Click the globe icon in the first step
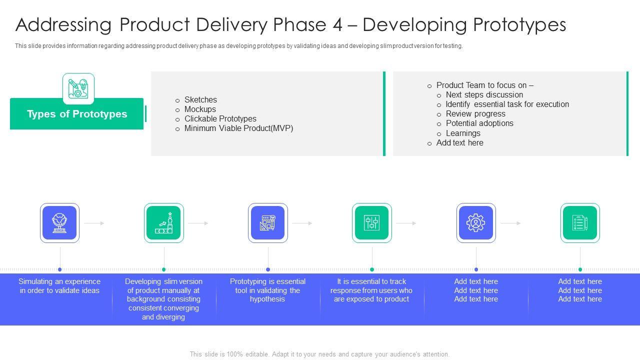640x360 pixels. coord(59,223)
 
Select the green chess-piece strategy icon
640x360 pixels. coord(164,223)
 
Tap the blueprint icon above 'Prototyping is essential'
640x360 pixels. coord(268,223)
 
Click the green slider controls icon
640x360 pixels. coord(372,223)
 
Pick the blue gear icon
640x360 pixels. coord(476,223)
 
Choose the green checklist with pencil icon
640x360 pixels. coord(580,223)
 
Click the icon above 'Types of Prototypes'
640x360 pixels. coord(78,88)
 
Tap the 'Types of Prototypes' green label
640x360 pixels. coord(77,114)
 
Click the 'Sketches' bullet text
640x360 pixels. coord(200,99)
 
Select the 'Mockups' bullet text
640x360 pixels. coord(200,109)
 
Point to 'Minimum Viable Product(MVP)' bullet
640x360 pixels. coord(238,128)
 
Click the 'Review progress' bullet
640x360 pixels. coord(475,113)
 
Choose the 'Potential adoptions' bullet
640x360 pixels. coord(479,123)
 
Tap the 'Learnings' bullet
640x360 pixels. coord(463,133)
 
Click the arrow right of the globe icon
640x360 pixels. coord(94,223)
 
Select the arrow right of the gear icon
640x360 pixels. coord(510,223)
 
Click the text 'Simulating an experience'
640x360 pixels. coord(59,281)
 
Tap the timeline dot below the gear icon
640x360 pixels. coord(476,269)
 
